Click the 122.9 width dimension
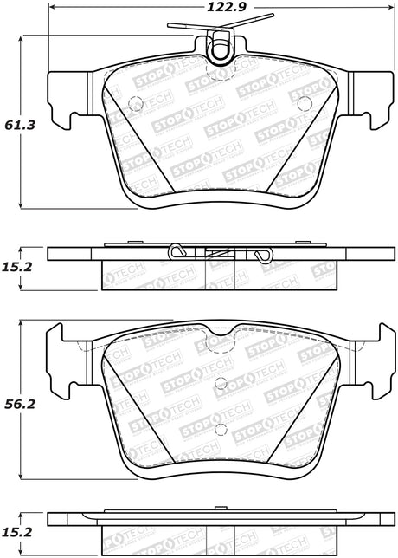click(227, 7)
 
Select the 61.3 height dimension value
click(20, 125)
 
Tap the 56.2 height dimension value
click(20, 404)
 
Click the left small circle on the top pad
click(135, 104)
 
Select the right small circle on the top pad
click(305, 104)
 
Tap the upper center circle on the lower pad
click(221, 383)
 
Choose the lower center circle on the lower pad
click(221, 430)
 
